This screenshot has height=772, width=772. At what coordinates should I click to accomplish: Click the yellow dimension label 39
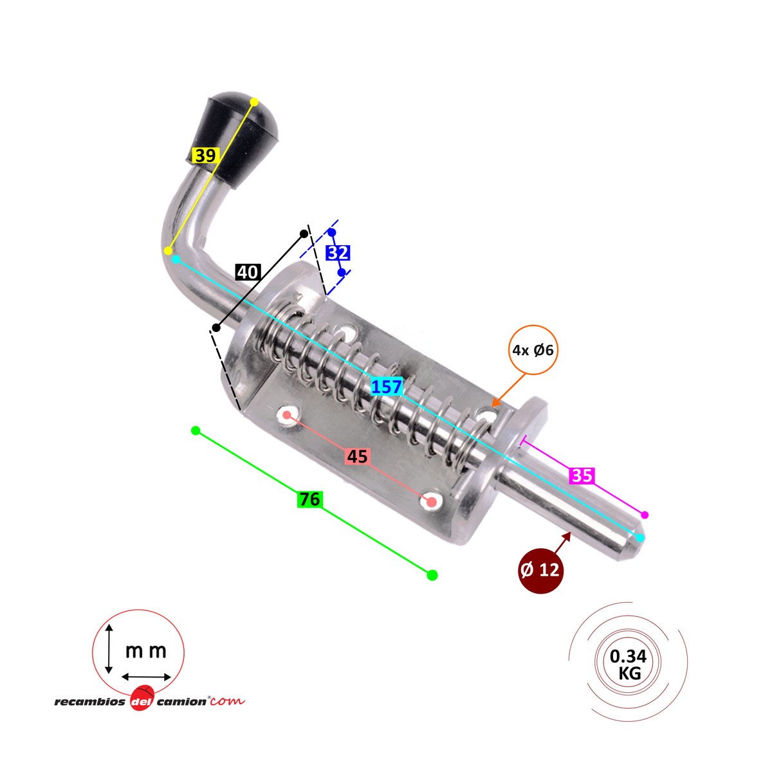[x=205, y=156]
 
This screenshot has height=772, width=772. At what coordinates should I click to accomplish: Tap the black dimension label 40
[x=247, y=272]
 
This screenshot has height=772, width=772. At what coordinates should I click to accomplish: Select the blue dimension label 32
[x=338, y=253]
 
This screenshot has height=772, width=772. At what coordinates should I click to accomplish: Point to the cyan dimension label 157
[x=386, y=387]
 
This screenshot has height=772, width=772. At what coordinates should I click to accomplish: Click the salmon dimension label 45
[x=357, y=457]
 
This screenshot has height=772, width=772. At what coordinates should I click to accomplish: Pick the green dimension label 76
[x=309, y=499]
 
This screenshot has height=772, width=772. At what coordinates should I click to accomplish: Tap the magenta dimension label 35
[x=582, y=476]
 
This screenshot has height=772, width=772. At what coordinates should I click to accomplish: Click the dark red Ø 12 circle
[x=540, y=571]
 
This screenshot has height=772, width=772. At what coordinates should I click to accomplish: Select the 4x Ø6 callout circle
[x=533, y=351]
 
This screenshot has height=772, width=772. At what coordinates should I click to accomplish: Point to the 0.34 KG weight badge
[x=628, y=665]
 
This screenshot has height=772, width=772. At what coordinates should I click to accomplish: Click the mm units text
[x=145, y=651]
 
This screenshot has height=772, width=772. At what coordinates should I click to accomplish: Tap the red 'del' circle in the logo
[x=141, y=701]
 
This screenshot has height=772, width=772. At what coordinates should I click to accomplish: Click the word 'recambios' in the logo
[x=90, y=702]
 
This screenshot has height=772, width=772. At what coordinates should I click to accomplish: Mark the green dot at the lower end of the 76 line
[x=432, y=574]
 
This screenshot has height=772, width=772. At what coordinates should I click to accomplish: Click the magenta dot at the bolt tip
[x=645, y=515]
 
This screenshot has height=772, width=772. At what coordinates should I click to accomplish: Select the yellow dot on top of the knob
[x=254, y=102]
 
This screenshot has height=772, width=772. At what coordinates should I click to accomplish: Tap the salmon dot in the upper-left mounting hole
[x=287, y=415]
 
